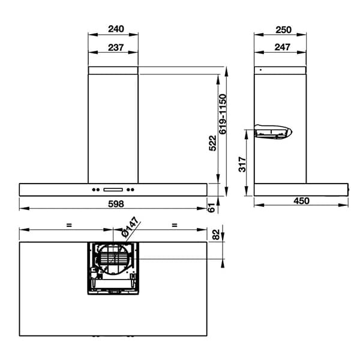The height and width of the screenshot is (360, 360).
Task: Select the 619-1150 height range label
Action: coord(222,113)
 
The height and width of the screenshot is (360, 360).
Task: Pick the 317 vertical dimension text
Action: coord(242,164)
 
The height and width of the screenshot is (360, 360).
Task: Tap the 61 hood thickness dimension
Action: coord(211,208)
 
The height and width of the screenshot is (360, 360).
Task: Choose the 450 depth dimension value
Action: coord(301,201)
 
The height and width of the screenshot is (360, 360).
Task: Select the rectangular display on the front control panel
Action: coord(113,191)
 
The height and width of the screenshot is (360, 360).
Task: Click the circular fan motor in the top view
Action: coord(113,259)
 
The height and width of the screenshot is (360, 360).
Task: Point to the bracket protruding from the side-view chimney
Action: coord(273,131)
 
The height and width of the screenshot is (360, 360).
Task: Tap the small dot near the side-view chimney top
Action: coord(260,70)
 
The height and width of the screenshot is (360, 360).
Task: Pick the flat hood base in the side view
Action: coord(300,189)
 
